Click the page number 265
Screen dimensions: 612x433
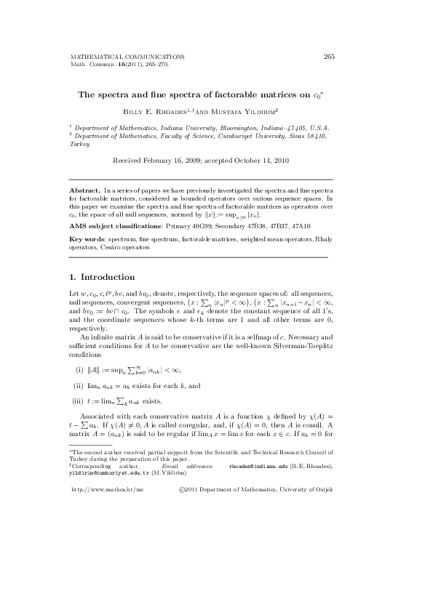328,56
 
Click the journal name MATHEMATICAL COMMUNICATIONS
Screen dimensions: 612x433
127,56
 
